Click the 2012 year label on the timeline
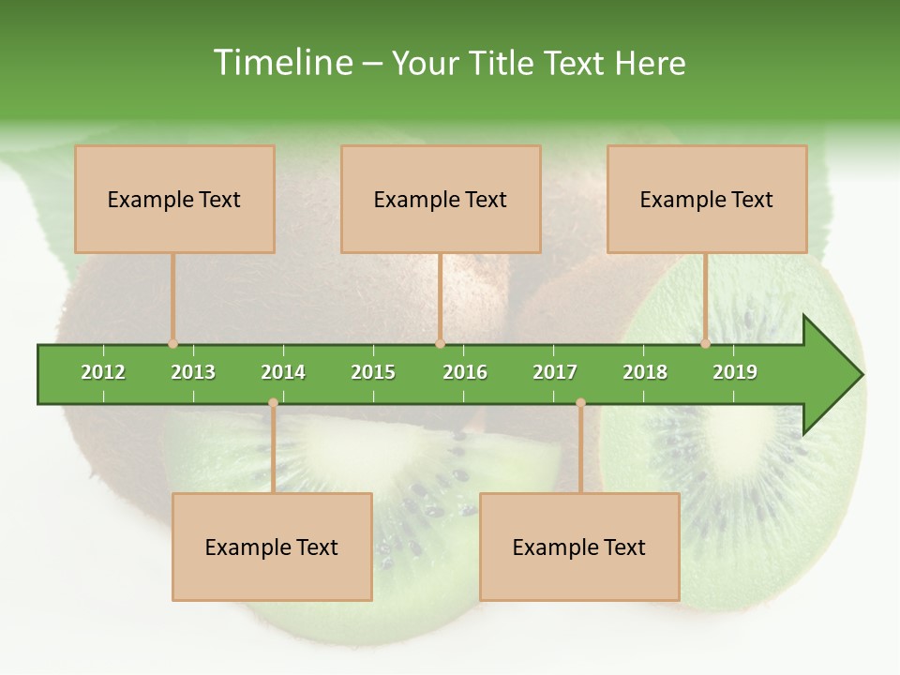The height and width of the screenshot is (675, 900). (103, 372)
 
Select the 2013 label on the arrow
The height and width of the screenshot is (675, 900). (193, 372)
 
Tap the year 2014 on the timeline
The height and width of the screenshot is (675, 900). (283, 372)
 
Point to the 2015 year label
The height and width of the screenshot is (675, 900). (373, 372)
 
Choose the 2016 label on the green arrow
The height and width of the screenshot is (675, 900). (465, 372)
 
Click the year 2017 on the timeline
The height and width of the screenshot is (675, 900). (555, 372)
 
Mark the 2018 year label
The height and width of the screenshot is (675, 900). (645, 372)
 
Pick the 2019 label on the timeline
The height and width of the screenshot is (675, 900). (735, 372)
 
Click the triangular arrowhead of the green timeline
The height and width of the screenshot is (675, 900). (831, 375)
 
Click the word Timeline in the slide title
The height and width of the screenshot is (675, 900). (281, 63)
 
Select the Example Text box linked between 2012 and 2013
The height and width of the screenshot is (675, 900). (174, 199)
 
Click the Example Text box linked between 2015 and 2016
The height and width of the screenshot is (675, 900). (441, 199)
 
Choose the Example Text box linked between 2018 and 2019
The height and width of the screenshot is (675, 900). (707, 199)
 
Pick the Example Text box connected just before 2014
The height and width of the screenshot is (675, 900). (272, 547)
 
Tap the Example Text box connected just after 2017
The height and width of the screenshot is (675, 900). (579, 547)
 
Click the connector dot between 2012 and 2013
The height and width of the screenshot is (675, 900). (172, 344)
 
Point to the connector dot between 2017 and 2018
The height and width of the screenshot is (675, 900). (580, 403)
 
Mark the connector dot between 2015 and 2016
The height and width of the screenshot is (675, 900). (440, 344)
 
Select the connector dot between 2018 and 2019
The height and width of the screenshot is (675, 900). (706, 344)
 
